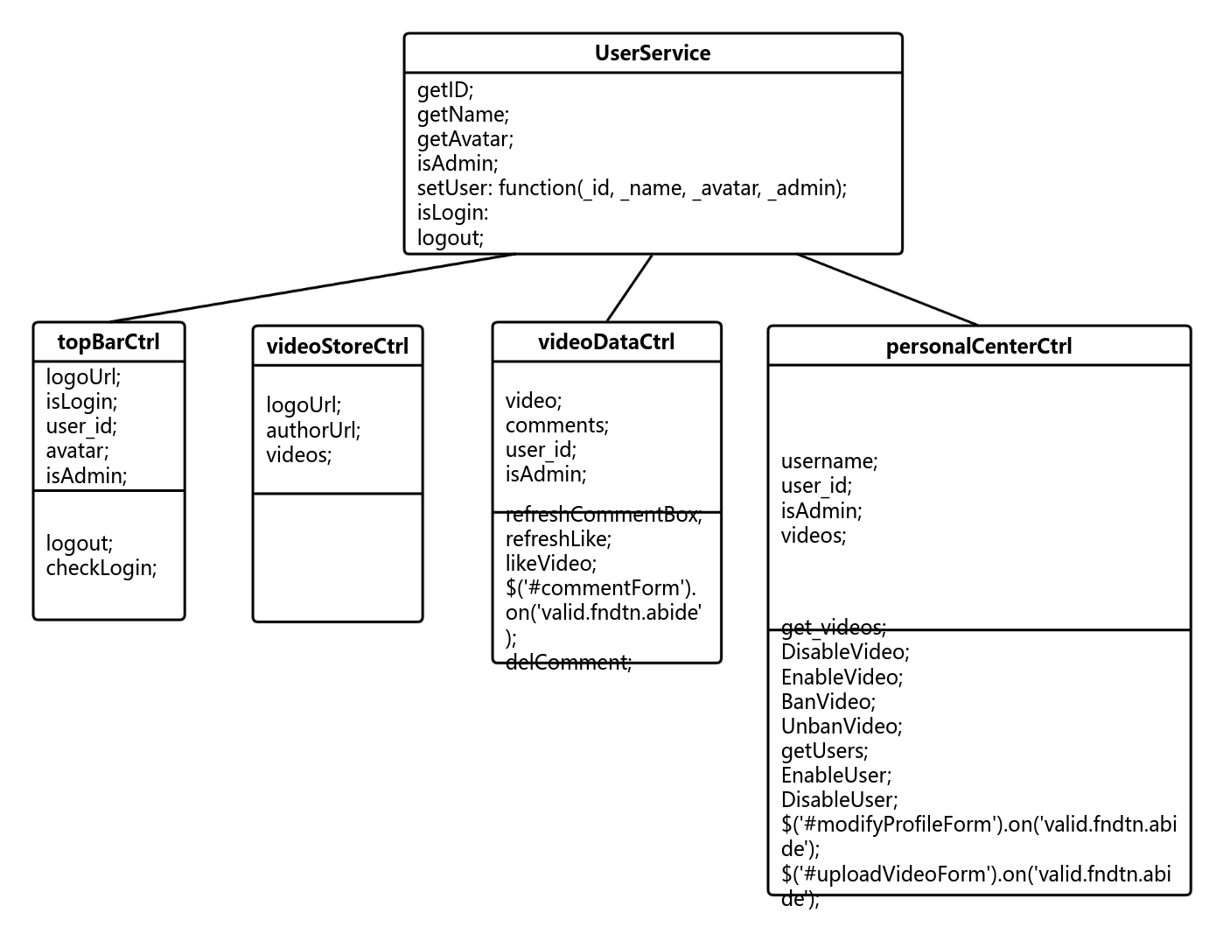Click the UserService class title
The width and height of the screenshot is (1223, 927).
653,53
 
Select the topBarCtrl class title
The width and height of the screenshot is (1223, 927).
108,342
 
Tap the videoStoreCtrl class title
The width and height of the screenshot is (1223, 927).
338,347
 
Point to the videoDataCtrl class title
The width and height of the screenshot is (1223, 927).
606,342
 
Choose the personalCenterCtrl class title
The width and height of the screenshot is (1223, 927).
979,347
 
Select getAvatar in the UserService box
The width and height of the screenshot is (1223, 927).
465,139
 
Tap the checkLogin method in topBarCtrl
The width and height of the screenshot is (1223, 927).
101,568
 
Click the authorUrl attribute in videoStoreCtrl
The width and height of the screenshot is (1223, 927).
313,431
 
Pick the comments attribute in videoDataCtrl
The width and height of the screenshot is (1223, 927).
557,425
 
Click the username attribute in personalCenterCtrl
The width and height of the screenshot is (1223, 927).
829,461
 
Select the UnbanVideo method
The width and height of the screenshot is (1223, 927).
842,727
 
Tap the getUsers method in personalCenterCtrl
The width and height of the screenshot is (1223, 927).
825,751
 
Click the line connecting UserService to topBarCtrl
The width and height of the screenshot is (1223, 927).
312,288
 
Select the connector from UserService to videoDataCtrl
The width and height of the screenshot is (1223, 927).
630,288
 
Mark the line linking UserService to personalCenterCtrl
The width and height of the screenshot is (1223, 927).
888,290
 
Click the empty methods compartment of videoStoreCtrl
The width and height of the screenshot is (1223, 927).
338,558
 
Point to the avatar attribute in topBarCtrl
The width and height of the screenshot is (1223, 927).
78,451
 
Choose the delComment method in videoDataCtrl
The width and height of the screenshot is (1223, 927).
569,663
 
